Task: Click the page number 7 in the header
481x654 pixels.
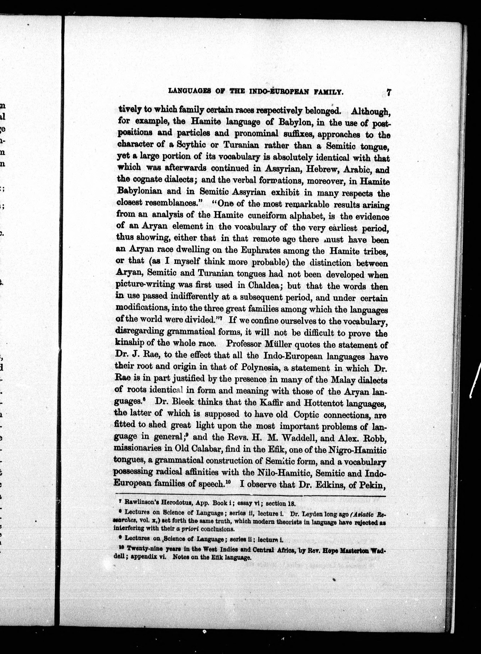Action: [x=388, y=92]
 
